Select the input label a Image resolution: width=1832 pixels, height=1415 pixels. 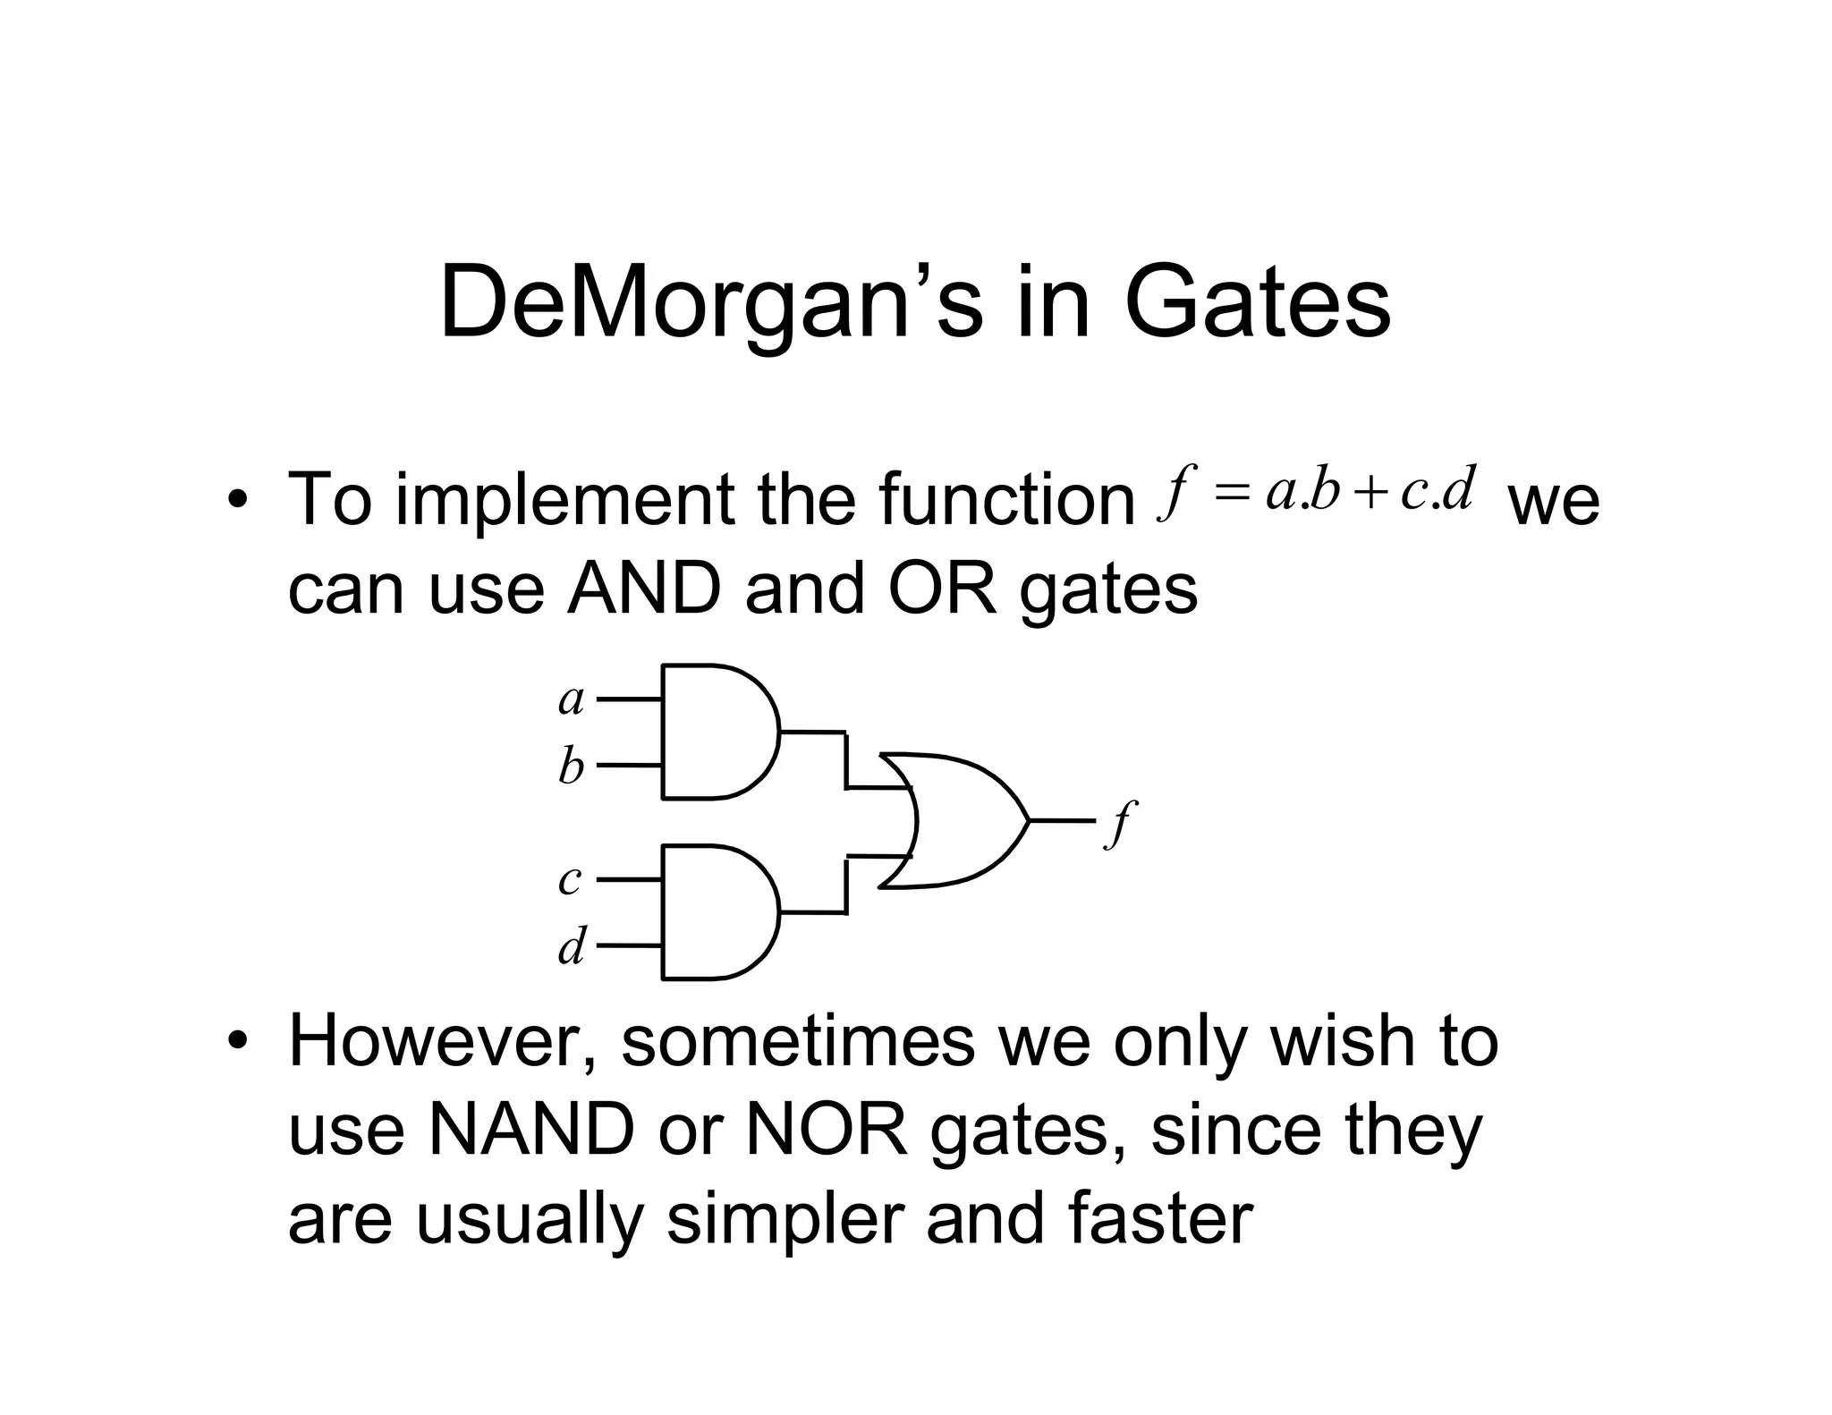pyautogui.click(x=571, y=699)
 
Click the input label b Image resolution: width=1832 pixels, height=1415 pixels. pyautogui.click(x=571, y=767)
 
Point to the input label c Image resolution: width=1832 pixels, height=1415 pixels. pyautogui.click(x=570, y=880)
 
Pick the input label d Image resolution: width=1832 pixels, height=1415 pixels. pyautogui.click(x=572, y=946)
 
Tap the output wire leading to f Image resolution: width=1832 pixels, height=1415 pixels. pyautogui.click(x=1062, y=820)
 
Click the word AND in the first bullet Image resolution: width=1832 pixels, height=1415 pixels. pyautogui.click(x=644, y=589)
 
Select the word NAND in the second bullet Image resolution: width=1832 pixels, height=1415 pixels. pyautogui.click(x=531, y=1131)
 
